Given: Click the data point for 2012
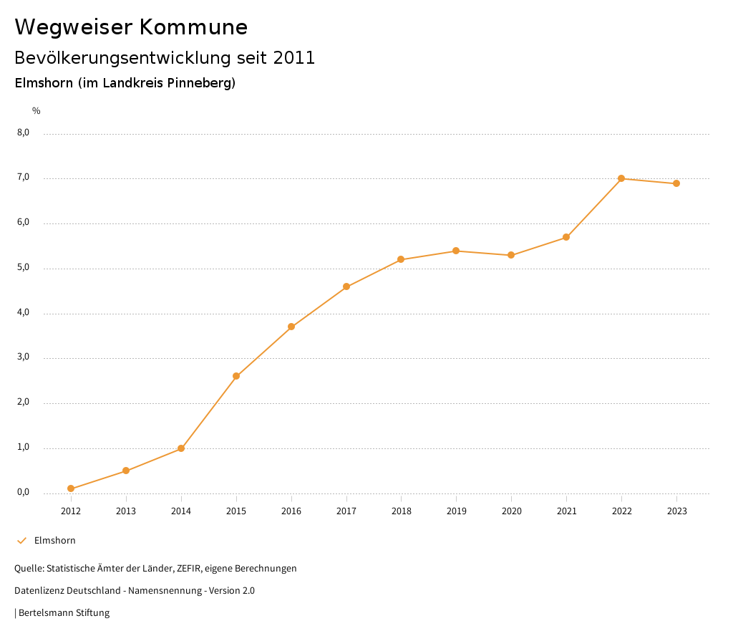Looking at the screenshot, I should tap(71, 488).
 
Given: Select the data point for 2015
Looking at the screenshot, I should tap(236, 376).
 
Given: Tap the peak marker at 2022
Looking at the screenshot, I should tap(621, 178).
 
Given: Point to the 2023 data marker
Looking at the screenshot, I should tap(676, 183).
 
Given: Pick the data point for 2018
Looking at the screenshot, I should tap(401, 259).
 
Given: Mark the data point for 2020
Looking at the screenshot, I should tap(511, 255).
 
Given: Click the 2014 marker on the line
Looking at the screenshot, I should tap(181, 448).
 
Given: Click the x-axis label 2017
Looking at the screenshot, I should tap(346, 511).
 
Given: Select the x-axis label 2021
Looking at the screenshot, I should tap(566, 511).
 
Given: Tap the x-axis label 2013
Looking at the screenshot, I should tap(126, 511).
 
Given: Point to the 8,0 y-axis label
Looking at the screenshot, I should tap(24, 132).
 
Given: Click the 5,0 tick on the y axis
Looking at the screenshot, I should tap(24, 268).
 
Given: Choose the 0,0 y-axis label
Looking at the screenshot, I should tap(24, 493).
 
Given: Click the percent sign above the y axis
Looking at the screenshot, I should tap(37, 111).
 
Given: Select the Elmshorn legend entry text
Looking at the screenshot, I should tap(55, 541).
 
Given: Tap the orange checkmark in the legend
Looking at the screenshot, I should tap(21, 541).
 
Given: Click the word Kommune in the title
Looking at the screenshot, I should tap(193, 27).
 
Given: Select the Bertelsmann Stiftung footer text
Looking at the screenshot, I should tap(64, 613).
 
